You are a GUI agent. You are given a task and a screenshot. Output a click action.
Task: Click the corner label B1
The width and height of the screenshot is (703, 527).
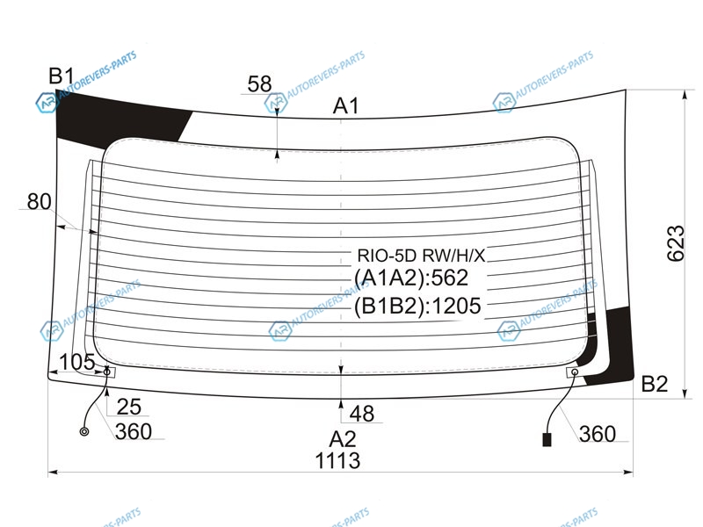(x=61, y=76)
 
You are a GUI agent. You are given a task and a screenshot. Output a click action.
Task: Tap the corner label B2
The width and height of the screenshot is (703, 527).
(x=654, y=384)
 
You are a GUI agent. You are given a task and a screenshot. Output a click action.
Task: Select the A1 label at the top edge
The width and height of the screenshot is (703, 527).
(x=345, y=106)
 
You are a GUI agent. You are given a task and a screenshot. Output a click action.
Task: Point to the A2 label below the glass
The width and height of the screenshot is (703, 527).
(x=343, y=439)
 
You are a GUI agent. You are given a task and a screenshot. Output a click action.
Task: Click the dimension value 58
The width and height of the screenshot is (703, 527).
(x=259, y=84)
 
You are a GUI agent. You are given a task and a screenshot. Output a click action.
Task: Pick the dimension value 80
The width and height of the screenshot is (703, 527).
(x=39, y=202)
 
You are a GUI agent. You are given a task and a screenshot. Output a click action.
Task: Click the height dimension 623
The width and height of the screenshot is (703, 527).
(x=676, y=243)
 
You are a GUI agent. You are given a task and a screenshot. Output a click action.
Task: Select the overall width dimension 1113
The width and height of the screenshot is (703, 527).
(x=337, y=460)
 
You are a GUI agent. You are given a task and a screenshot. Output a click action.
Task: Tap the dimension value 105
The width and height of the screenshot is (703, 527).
(x=76, y=362)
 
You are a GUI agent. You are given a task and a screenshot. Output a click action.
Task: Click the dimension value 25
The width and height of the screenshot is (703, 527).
(x=128, y=407)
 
